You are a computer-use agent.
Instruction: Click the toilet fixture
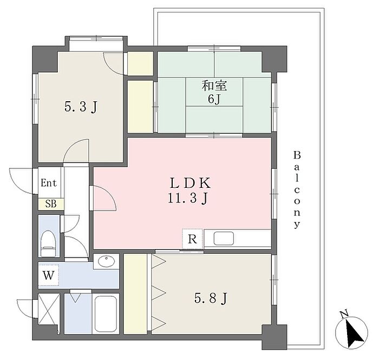pos(48,243)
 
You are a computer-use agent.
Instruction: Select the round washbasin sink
pos(106,261)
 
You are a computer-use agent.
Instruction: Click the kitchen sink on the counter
pos(224,238)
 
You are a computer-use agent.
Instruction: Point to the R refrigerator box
pos(192,239)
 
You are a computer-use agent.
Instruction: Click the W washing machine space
pos(49,275)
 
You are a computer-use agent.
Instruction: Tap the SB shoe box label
pos(51,204)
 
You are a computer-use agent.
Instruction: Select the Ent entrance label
pos(49,183)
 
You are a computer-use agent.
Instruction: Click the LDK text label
pos(190,183)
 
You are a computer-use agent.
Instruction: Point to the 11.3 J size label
pos(188,199)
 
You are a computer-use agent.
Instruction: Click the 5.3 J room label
pos(81,107)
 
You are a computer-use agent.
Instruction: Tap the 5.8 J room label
pos(211,298)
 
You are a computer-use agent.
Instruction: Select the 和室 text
pos(214,86)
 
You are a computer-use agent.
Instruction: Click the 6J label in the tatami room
pos(214,99)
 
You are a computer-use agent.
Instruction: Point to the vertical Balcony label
pos(297,189)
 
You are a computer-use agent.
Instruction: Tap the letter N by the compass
pos(344,314)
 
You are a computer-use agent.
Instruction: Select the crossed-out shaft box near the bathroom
pos(49,309)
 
